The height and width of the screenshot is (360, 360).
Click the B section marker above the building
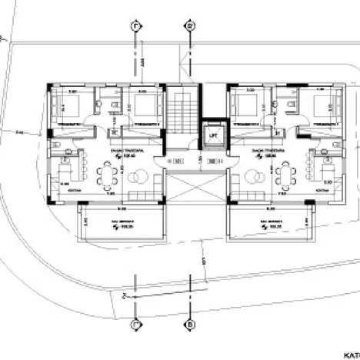(190, 27)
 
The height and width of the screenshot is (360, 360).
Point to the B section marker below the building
(190, 325)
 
